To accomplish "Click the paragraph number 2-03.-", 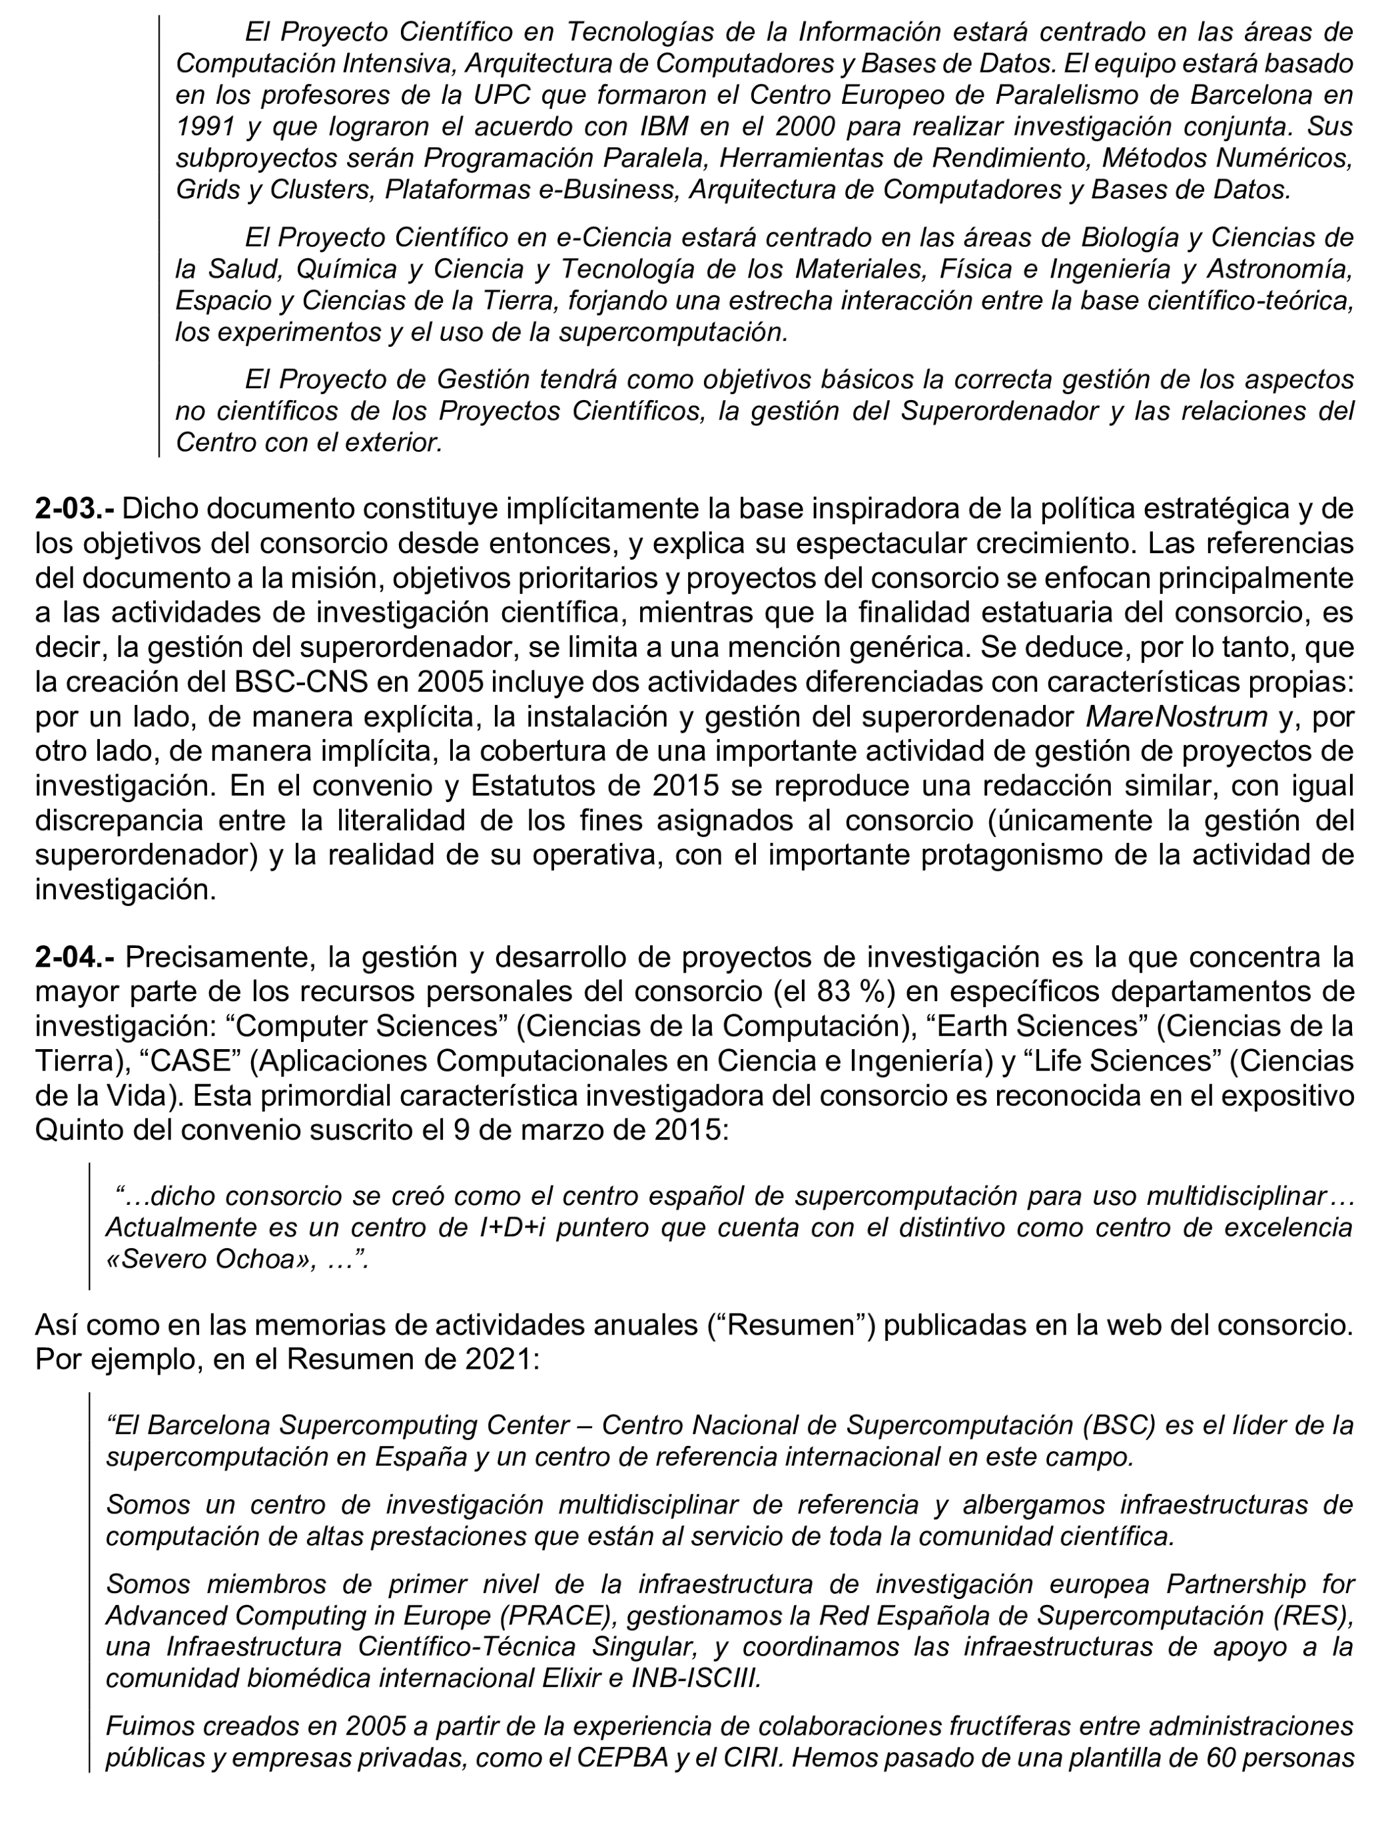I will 75,509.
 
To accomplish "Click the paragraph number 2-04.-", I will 75,957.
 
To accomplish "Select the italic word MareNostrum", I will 1176,717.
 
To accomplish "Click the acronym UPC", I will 502,95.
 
